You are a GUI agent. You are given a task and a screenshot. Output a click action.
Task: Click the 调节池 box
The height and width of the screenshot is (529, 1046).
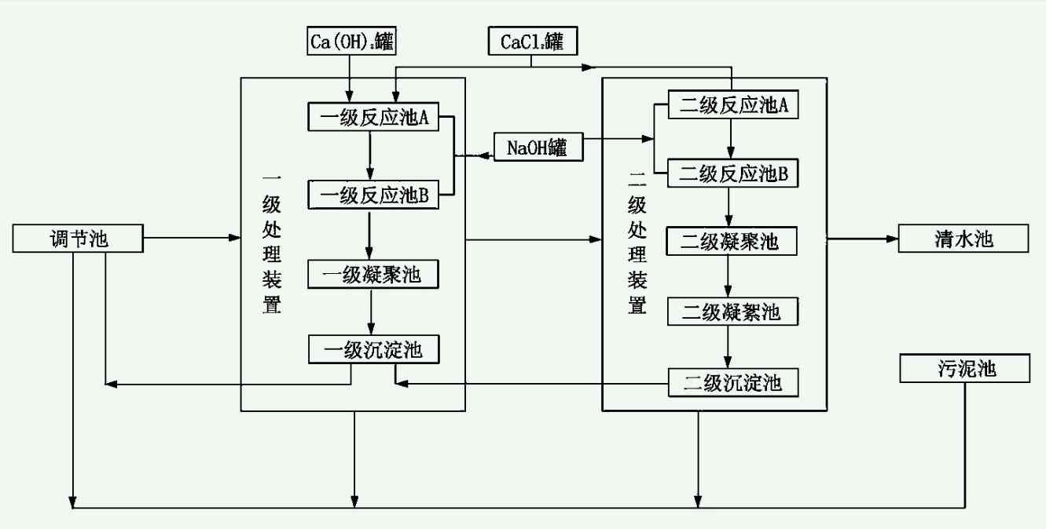79,239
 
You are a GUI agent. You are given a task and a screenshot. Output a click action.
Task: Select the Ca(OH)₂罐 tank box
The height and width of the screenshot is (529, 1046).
351,42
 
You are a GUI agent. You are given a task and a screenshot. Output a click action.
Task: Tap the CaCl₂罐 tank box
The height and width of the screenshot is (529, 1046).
532,42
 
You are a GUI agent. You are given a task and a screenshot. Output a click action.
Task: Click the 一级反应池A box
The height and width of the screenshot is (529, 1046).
373,117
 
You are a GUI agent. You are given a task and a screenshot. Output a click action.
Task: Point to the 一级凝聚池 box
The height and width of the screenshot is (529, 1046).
373,275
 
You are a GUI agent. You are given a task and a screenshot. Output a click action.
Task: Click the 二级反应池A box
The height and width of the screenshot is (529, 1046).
733,106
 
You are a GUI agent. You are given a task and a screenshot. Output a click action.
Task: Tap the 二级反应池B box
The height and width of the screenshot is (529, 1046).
733,173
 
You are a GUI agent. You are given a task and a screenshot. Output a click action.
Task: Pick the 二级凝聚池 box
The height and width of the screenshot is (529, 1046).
731,241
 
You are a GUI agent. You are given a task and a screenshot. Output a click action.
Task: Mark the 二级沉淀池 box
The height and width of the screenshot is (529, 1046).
732,383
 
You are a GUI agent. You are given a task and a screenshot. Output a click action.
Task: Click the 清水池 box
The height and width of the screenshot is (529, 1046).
963,239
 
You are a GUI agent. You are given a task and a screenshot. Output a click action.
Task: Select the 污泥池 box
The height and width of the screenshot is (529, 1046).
964,368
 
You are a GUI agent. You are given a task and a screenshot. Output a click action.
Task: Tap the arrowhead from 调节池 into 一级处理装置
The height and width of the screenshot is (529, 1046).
235,237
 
